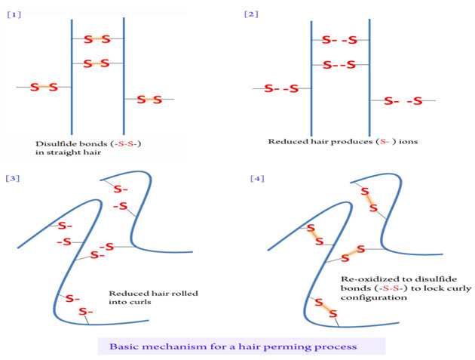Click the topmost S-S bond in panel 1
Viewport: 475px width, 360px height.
[x=97, y=39]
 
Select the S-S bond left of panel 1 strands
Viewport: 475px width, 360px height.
[x=44, y=88]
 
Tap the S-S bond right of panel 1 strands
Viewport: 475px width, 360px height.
[x=149, y=99]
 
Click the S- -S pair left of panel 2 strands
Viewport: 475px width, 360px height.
[x=281, y=89]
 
